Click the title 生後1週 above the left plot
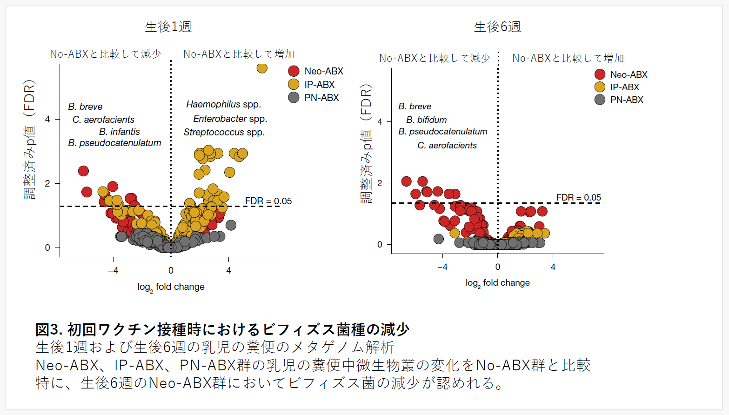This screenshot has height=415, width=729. point(168,27)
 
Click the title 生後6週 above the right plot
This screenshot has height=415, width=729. point(497,27)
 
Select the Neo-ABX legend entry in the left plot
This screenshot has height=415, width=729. point(316,71)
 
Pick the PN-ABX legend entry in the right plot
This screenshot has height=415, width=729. point(619,100)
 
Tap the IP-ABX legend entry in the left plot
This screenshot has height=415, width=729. point(311,84)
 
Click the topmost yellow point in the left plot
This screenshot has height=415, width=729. point(262,68)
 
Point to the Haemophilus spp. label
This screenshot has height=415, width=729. point(224,104)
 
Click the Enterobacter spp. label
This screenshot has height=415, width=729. point(230,119)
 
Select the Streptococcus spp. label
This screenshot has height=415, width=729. point(224,132)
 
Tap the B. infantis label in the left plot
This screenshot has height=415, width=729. point(120,132)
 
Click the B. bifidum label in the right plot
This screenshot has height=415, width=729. point(426,120)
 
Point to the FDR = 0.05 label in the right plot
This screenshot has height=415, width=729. point(579,197)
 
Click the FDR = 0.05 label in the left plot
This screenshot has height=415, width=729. point(268,201)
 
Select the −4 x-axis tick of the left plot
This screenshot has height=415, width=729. point(113,270)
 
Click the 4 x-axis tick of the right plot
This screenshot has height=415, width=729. point(553,267)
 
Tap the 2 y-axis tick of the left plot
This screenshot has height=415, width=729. point(47,183)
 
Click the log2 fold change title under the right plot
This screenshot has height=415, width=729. point(498,283)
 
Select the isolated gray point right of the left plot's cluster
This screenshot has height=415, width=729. point(231,225)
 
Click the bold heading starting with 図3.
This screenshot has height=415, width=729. point(222,329)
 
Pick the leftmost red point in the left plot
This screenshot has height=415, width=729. point(83,171)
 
